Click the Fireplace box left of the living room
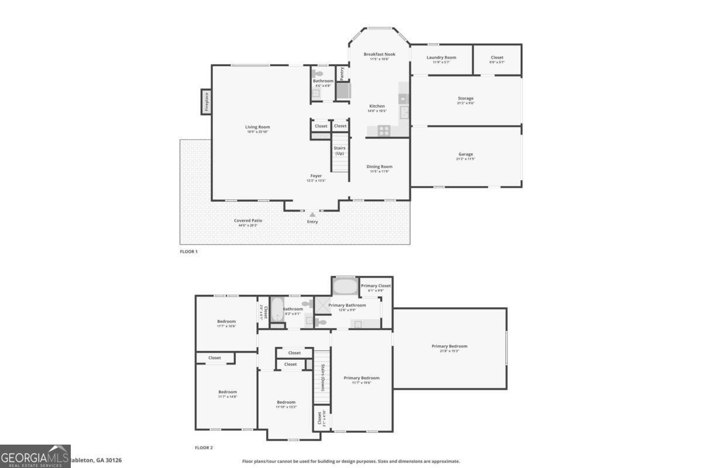pyautogui.click(x=206, y=102)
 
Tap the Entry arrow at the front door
pyautogui.click(x=312, y=215)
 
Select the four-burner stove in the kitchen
pyautogui.click(x=384, y=130)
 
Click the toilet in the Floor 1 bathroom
pyautogui.click(x=318, y=74)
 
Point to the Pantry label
pyautogui.click(x=342, y=73)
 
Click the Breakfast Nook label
pyautogui.click(x=379, y=54)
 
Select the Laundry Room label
pyautogui.click(x=441, y=57)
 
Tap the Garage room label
pyautogui.click(x=466, y=154)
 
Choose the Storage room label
pyautogui.click(x=466, y=98)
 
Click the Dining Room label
pyautogui.click(x=379, y=167)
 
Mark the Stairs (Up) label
pyautogui.click(x=340, y=150)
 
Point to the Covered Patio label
pyautogui.click(x=248, y=221)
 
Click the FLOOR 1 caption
pyautogui.click(x=188, y=252)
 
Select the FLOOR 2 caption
pyautogui.click(x=204, y=448)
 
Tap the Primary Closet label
pyautogui.click(x=376, y=285)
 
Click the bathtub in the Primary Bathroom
pyautogui.click(x=345, y=287)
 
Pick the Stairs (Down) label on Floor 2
pyautogui.click(x=322, y=377)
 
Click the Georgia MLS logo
pyautogui.click(x=35, y=456)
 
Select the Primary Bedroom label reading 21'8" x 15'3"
pyautogui.click(x=449, y=346)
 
